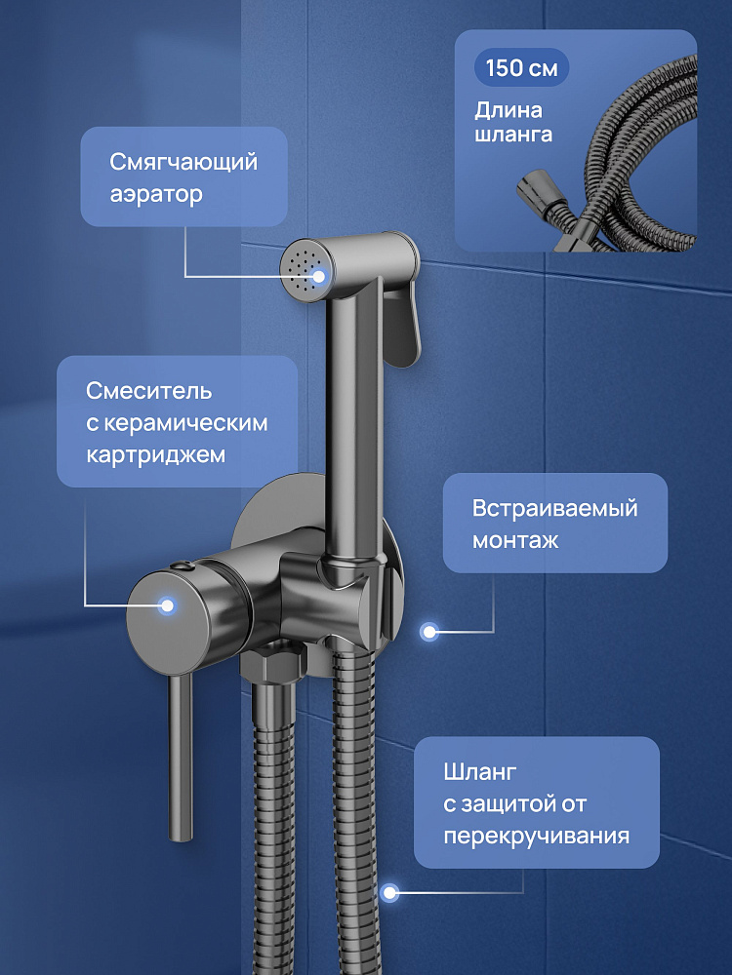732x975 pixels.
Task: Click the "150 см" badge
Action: click(x=521, y=68)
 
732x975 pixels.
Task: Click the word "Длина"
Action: click(x=508, y=111)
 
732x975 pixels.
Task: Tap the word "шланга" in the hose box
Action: click(x=513, y=136)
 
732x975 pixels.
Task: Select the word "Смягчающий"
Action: click(x=183, y=162)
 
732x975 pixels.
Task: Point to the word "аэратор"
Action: click(x=156, y=194)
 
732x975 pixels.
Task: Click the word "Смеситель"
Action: click(x=148, y=391)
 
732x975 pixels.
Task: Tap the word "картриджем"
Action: click(x=155, y=455)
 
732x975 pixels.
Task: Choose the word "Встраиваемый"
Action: click(x=555, y=509)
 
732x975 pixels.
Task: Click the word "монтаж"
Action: click(x=515, y=540)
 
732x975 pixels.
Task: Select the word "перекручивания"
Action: click(x=536, y=837)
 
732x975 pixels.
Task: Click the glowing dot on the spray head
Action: click(x=319, y=276)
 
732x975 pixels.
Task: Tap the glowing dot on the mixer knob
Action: click(x=167, y=605)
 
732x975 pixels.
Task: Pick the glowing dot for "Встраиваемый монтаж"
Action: click(x=428, y=632)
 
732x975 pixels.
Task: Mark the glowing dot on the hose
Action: click(x=389, y=893)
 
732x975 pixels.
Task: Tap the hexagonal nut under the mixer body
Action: click(x=273, y=663)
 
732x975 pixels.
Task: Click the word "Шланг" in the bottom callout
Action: click(x=480, y=773)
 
